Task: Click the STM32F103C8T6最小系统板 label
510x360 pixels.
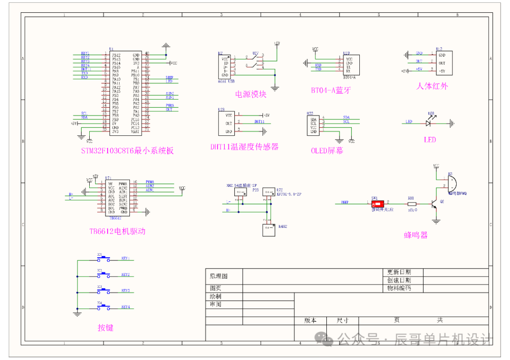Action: pyautogui.click(x=127, y=151)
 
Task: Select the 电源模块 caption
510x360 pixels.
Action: pyautogui.click(x=251, y=94)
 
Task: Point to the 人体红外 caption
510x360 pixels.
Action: pyautogui.click(x=432, y=86)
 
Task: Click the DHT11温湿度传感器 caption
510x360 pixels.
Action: pyautogui.click(x=244, y=147)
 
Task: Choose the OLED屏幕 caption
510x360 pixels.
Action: pyautogui.click(x=327, y=151)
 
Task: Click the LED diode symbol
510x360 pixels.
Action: pyautogui.click(x=429, y=123)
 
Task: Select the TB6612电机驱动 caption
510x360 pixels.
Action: pyautogui.click(x=117, y=232)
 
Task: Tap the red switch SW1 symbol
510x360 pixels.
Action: pyautogui.click(x=378, y=204)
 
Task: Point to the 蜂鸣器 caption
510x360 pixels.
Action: pyautogui.click(x=416, y=235)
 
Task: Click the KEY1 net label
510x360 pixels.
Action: pyautogui.click(x=126, y=259)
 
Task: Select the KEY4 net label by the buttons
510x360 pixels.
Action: pyautogui.click(x=126, y=307)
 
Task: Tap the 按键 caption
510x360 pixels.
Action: pyautogui.click(x=105, y=327)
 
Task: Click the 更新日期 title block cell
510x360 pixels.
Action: pyautogui.click(x=399, y=272)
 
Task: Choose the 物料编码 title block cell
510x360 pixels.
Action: pyautogui.click(x=399, y=288)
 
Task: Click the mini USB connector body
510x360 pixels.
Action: pyautogui.click(x=225, y=67)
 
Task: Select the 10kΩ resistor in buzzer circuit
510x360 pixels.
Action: pyautogui.click(x=411, y=203)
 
